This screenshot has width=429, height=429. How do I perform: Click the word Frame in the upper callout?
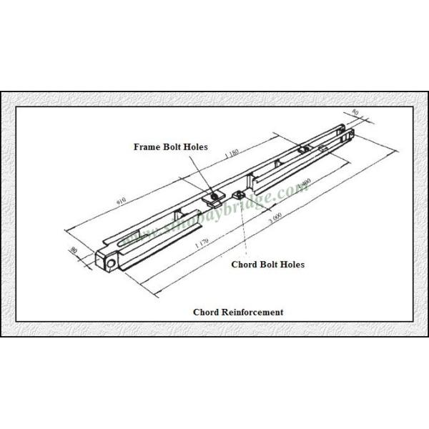point(148,147)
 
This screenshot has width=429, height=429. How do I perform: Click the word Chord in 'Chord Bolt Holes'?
point(245,265)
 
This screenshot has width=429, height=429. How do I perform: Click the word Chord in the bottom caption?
point(207,312)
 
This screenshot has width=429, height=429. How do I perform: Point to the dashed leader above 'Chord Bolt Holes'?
point(245,229)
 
